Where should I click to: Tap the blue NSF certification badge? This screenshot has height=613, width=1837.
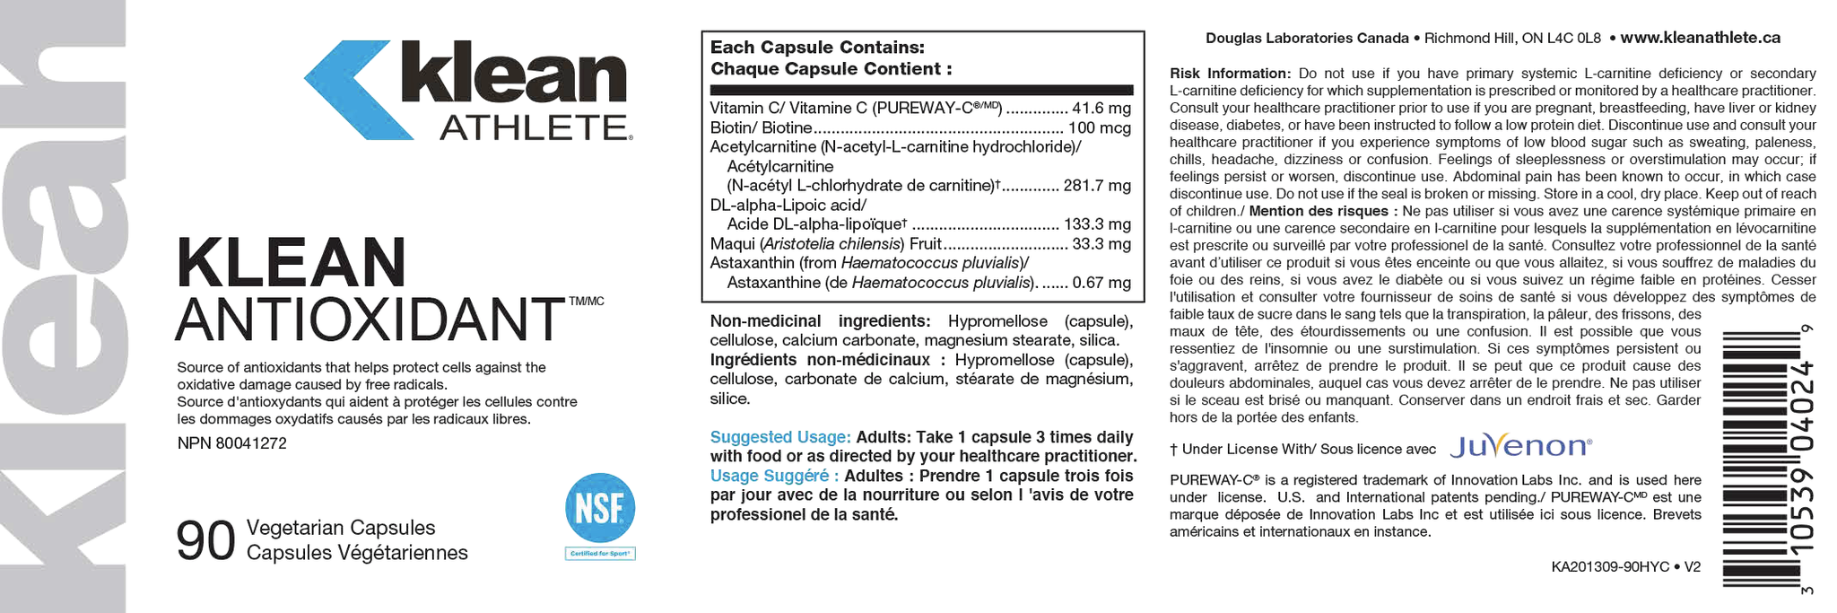click(599, 508)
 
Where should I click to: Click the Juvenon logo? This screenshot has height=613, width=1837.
click(1520, 447)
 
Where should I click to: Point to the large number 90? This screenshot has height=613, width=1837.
click(205, 541)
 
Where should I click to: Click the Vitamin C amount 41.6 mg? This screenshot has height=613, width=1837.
click(1101, 109)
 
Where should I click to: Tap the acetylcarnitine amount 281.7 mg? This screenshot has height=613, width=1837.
click(1097, 187)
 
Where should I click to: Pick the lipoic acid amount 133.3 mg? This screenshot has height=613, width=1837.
click(1097, 225)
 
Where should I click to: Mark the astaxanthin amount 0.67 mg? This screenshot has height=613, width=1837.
click(1101, 284)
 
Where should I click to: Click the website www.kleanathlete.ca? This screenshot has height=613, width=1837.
click(1700, 38)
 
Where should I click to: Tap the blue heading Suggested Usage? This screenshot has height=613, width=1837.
click(779, 437)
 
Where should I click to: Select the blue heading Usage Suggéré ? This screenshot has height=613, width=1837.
click(774, 476)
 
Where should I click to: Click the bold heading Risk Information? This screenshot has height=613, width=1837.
click(1230, 74)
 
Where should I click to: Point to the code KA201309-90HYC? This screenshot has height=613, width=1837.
click(1610, 567)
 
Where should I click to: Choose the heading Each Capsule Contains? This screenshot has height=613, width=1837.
click(817, 48)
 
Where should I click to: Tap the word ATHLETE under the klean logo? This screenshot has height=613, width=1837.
click(533, 128)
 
